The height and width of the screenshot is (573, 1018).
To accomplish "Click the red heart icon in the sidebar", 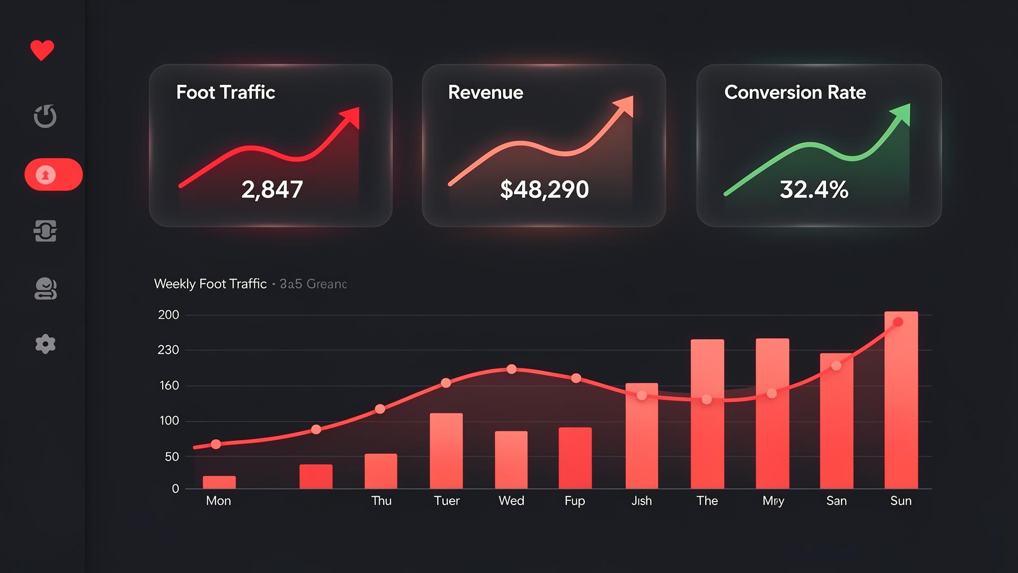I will pyautogui.click(x=42, y=50).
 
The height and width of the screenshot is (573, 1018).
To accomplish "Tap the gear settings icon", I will pyautogui.click(x=45, y=344).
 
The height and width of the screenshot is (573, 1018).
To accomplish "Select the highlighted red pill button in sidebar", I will pyautogui.click(x=54, y=175).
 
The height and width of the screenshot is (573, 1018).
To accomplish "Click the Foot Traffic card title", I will pyautogui.click(x=225, y=92).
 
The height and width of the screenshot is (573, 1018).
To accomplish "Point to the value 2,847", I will pyautogui.click(x=272, y=189).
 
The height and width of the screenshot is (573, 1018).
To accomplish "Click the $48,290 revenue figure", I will pyautogui.click(x=544, y=189).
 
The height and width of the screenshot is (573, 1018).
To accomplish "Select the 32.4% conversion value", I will pyautogui.click(x=814, y=189).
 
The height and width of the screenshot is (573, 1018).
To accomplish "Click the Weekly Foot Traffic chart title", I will pyautogui.click(x=210, y=284).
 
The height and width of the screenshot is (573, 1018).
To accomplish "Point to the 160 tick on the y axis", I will pyautogui.click(x=169, y=386).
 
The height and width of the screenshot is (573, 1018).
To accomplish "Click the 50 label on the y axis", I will pyautogui.click(x=172, y=457).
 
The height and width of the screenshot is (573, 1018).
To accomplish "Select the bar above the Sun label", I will pyautogui.click(x=901, y=400).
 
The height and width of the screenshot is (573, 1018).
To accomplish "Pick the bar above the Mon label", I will pyautogui.click(x=219, y=482).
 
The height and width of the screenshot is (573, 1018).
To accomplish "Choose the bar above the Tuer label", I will pyautogui.click(x=446, y=451).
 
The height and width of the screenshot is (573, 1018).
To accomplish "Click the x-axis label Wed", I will pyautogui.click(x=511, y=501).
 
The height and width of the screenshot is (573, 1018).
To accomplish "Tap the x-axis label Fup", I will pyautogui.click(x=575, y=501).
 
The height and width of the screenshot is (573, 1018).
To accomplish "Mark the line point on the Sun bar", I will pyautogui.click(x=898, y=322).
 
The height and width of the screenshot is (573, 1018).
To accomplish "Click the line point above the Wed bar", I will pyautogui.click(x=511, y=369).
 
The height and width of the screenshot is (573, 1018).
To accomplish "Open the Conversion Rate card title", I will pyautogui.click(x=795, y=92).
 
